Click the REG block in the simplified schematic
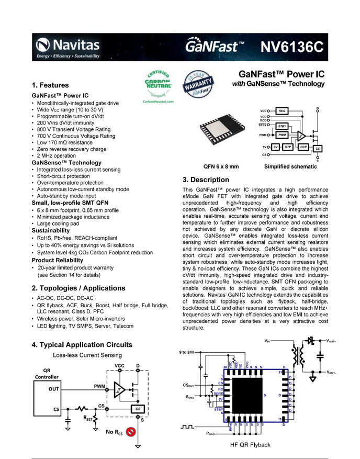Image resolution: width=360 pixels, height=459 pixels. coord(282,111)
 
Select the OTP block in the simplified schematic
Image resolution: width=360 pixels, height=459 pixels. coord(287,147)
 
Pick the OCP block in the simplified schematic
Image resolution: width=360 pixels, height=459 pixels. coord(303,147)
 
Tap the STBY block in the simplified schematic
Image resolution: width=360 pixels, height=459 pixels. coord(282,126)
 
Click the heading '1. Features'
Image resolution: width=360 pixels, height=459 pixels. coord(50,85)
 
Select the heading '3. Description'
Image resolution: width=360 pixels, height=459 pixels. coord(206,180)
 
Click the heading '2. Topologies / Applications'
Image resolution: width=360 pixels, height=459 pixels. coord(78,288)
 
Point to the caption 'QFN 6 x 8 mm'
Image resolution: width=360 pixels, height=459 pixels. coord(221,166)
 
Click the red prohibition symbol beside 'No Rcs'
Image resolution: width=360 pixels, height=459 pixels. coord(132,432)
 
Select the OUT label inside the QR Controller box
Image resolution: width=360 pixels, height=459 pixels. coord(53,389)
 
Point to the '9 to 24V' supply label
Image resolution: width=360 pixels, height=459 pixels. coord(187,352)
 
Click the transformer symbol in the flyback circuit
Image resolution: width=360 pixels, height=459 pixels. coord(301,354)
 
